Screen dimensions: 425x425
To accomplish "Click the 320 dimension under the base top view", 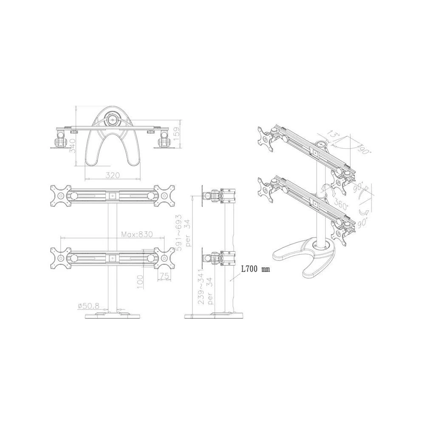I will click(x=113, y=175).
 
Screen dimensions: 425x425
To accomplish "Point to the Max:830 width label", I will click(x=137, y=234).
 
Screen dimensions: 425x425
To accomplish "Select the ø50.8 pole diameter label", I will click(x=88, y=306).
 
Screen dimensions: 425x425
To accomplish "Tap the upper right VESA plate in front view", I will click(x=163, y=196).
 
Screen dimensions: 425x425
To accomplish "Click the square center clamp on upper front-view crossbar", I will click(x=112, y=196).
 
